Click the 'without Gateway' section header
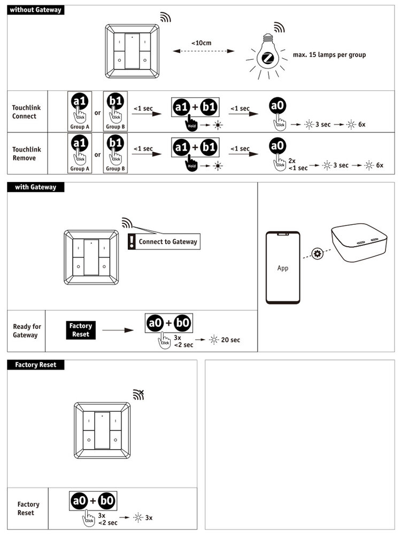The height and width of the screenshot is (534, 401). [x=35, y=10]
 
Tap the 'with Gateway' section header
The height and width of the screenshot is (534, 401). [x=35, y=187]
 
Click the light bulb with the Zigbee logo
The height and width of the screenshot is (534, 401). [x=267, y=56]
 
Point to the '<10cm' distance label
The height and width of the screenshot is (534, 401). [x=201, y=43]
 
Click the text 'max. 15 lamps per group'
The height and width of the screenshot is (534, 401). [x=329, y=54]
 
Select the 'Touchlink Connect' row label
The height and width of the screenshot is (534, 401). [x=26, y=112]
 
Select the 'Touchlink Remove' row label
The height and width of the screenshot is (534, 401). [x=26, y=154]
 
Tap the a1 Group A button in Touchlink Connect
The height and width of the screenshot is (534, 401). [x=80, y=111]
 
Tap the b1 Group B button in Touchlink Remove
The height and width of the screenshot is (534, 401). [x=115, y=153]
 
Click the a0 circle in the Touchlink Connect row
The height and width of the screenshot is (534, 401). [x=277, y=105]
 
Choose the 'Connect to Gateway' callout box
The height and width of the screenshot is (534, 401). [x=164, y=241]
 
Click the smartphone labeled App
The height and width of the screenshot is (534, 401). [x=283, y=268]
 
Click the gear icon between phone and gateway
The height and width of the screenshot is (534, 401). [x=318, y=253]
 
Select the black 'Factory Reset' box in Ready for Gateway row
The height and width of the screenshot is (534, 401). [x=81, y=330]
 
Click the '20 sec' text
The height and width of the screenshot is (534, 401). [x=230, y=340]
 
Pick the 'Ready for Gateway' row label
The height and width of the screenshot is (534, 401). [x=27, y=331]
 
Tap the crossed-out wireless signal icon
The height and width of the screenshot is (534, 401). [x=138, y=395]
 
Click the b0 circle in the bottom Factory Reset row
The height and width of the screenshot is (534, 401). [x=106, y=500]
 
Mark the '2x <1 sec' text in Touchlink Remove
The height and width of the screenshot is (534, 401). [x=298, y=164]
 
